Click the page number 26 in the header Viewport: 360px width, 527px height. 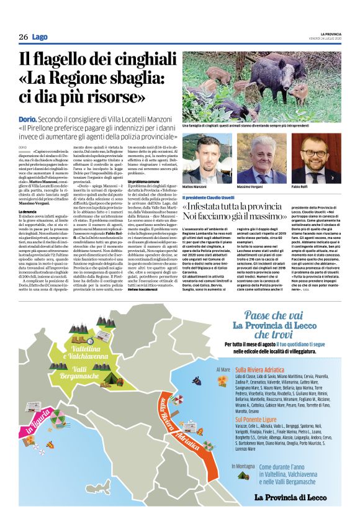click(x=23, y=37)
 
